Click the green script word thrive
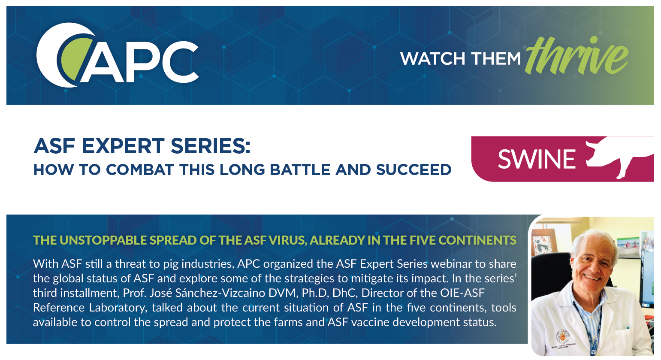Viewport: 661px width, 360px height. click(577, 56)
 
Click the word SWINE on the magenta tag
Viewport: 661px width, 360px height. click(536, 159)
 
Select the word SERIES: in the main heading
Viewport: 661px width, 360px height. click(210, 146)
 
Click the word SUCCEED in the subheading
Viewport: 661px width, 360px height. click(414, 170)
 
